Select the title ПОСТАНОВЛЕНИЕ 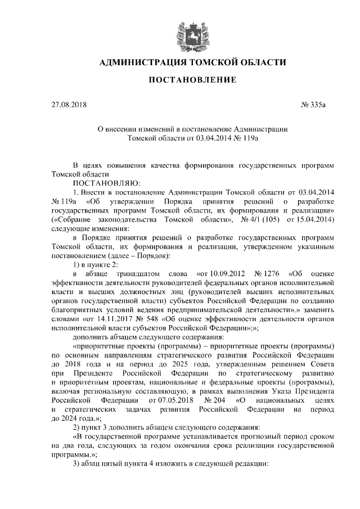coord(192,81)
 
